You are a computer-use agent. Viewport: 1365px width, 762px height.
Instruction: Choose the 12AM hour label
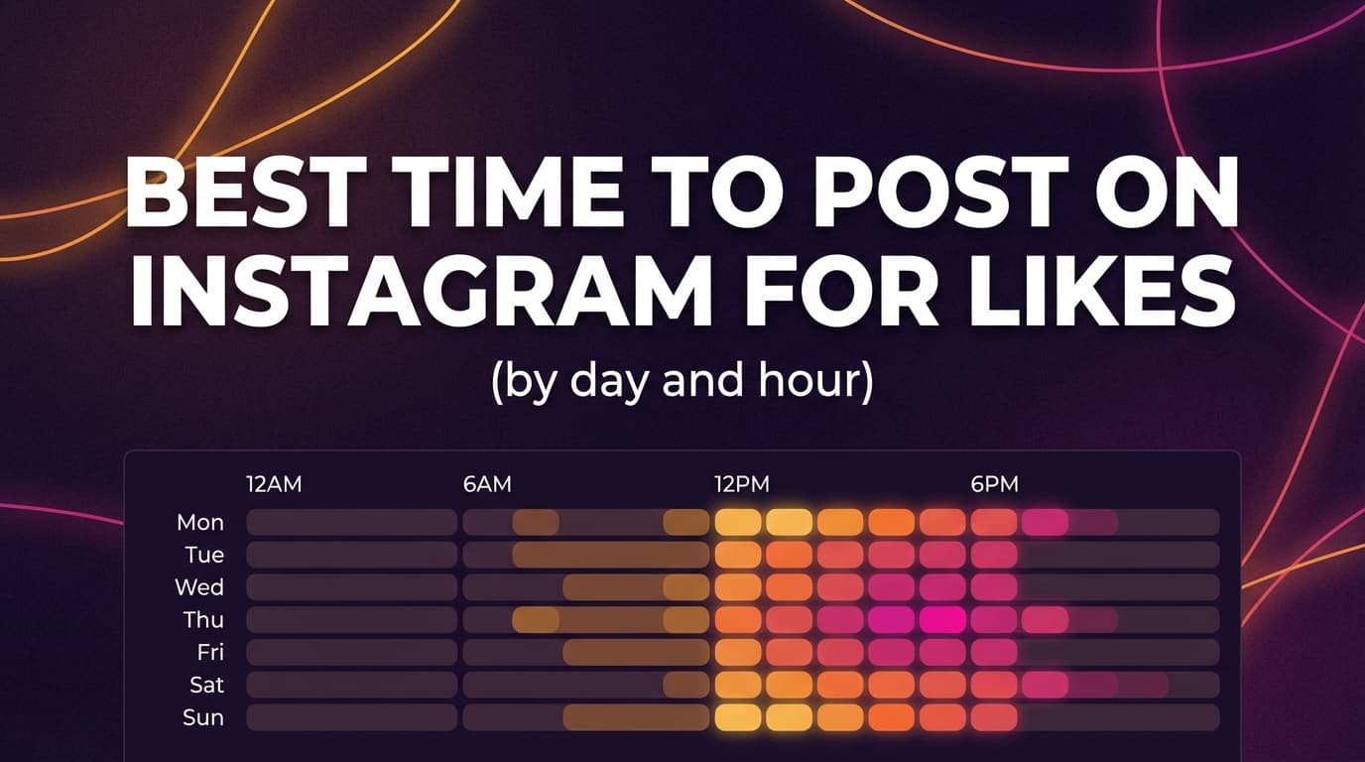(x=274, y=485)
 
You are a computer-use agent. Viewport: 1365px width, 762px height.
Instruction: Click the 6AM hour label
(x=487, y=485)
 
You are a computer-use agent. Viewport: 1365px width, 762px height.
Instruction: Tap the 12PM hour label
(x=741, y=485)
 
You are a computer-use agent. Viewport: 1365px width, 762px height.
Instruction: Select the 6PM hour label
(x=994, y=485)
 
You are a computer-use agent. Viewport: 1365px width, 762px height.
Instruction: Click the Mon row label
(x=200, y=522)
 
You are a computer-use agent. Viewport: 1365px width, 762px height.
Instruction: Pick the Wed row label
(x=199, y=587)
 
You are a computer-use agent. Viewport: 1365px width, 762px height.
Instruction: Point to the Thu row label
(x=203, y=620)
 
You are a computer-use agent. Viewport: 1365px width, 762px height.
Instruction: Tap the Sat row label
(x=206, y=685)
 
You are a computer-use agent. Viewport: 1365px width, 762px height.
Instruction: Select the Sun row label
(x=203, y=717)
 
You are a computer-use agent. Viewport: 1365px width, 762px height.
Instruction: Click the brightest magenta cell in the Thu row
(x=941, y=620)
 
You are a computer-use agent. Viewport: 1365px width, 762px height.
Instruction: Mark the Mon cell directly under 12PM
(x=738, y=522)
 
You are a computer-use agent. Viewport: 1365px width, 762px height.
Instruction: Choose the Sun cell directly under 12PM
(x=738, y=717)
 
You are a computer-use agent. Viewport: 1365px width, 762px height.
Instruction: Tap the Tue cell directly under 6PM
(x=994, y=555)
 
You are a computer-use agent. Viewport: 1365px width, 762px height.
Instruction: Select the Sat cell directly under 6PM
(x=994, y=685)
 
